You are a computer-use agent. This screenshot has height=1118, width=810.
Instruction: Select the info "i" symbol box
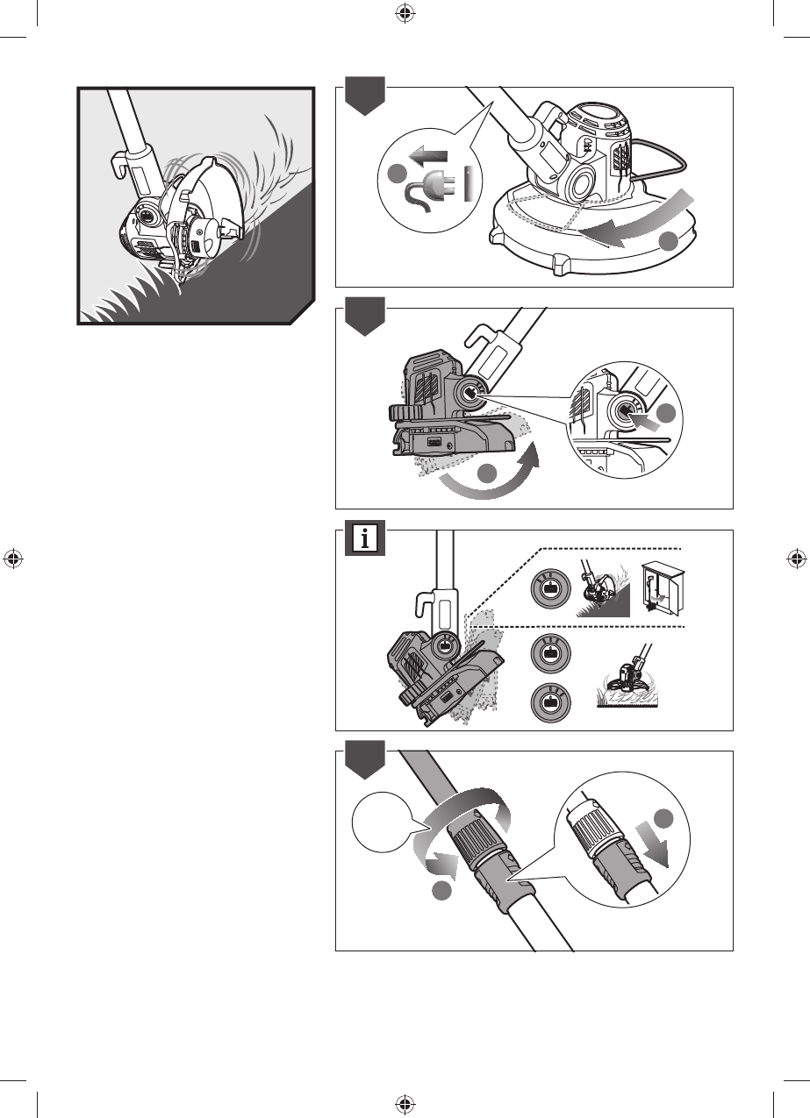363,538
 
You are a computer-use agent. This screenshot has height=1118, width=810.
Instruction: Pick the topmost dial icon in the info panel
549,590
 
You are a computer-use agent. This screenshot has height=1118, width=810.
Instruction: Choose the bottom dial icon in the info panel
549,702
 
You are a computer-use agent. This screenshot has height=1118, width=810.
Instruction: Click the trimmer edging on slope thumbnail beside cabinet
603,591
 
